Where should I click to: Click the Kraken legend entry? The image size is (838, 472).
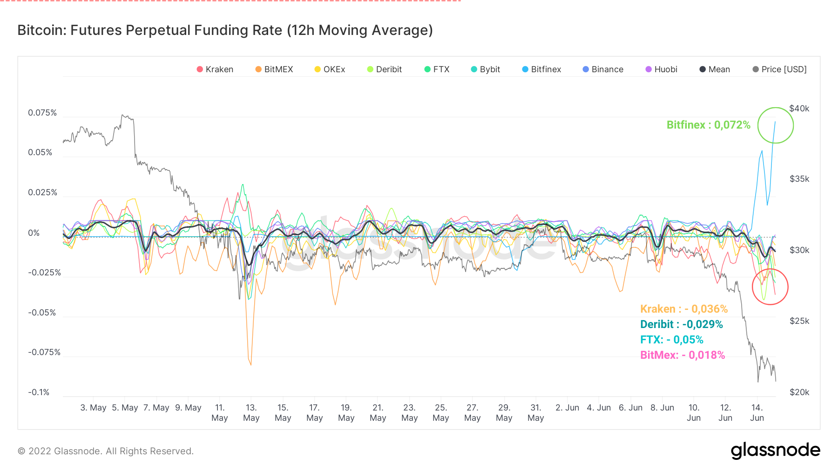coord(215,69)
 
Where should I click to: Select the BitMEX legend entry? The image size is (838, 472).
coord(274,69)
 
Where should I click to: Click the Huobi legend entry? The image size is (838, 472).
coord(662,69)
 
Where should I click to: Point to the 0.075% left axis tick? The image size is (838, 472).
coord(42,113)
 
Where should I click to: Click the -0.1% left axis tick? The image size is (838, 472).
coord(39,392)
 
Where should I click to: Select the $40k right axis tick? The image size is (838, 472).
coord(799,109)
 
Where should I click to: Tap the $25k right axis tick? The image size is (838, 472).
coord(799,321)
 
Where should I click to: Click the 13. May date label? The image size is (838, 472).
coord(251,413)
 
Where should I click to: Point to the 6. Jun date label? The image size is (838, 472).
coord(630,408)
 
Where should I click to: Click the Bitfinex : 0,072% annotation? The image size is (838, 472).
coord(708,125)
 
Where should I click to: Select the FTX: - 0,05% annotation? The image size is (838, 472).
coord(671,340)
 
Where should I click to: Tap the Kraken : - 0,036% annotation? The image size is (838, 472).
coord(683,309)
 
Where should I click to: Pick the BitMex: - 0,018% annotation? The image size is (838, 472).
coord(683,355)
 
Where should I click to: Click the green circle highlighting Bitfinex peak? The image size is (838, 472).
coord(775,125)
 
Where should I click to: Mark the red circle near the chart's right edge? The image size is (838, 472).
coord(770,287)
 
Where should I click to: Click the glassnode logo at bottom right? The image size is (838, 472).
coord(775,451)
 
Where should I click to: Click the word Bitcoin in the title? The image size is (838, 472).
coord(41,30)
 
